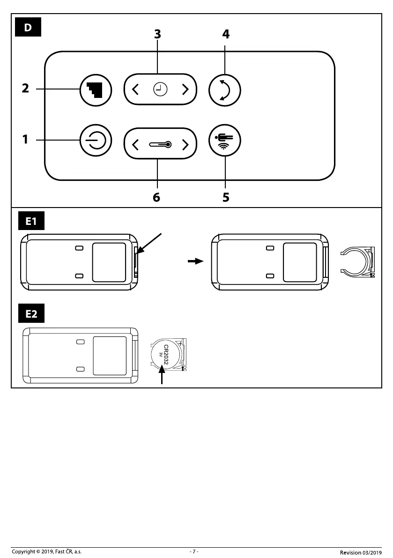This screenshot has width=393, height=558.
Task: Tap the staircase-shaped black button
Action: [96, 89]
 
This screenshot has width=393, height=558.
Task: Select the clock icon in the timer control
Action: [160, 89]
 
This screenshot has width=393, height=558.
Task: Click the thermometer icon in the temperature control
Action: [160, 144]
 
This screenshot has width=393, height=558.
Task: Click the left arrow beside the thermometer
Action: [136, 144]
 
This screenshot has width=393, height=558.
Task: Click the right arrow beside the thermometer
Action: [185, 144]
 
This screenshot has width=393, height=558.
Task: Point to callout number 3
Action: [157, 34]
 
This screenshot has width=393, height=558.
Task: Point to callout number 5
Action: [226, 197]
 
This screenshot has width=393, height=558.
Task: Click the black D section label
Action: [28, 27]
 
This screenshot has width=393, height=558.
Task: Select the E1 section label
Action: [31, 221]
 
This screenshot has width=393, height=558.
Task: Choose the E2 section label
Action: [31, 314]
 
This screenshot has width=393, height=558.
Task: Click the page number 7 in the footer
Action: [194, 551]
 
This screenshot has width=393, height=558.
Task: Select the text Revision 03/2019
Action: [361, 552]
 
